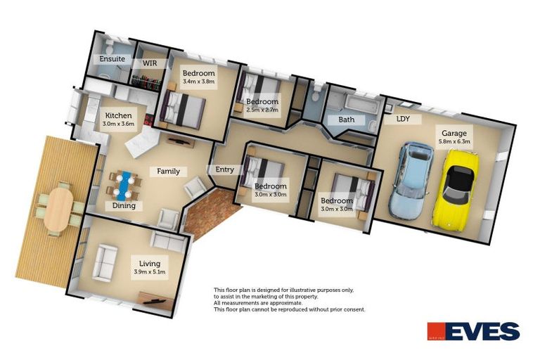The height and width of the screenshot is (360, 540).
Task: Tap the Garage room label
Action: (454, 133)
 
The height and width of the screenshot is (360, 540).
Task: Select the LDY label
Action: (403, 119)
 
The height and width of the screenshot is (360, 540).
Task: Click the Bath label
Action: (346, 120)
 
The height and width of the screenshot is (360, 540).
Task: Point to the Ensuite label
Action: (112, 59)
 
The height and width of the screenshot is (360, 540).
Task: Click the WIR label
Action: (150, 63)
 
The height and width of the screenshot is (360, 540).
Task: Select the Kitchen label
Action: (118, 115)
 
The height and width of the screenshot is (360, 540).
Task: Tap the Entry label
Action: (225, 169)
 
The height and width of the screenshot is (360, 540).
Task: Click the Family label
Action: (168, 171)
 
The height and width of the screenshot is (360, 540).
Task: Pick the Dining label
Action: (124, 206)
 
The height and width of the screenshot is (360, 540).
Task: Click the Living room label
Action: (150, 264)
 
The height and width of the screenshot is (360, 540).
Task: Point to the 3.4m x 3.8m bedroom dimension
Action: (198, 82)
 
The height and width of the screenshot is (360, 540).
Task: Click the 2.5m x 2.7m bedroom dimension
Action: (262, 110)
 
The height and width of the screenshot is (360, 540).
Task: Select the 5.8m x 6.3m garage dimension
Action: (454, 141)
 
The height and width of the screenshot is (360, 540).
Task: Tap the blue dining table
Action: (124, 185)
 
